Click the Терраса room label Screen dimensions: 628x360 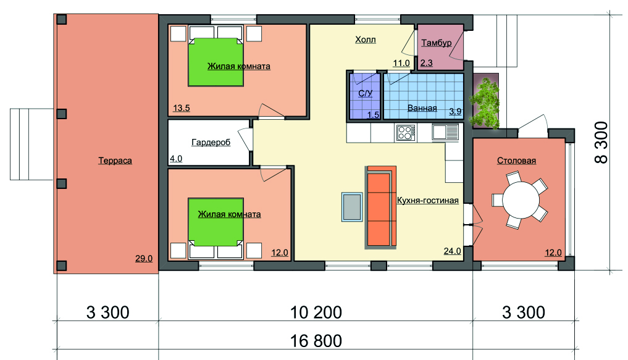tap(115, 161)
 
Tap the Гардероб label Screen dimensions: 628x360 tap(211, 143)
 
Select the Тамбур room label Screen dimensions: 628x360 tap(436, 43)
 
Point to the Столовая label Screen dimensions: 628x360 tap(516, 161)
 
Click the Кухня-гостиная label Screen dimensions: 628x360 tap(427, 200)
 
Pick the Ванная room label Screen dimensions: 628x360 tap(422, 107)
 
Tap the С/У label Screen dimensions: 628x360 tap(366, 93)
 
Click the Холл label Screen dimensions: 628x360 tap(366, 40)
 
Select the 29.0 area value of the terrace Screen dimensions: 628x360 tap(144, 259)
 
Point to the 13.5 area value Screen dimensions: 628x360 tap(182, 108)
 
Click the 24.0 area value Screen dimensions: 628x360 tap(452, 251)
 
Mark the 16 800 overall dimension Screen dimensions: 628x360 tap(316, 341)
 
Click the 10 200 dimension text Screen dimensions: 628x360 tap(316, 312)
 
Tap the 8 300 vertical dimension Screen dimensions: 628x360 tap(601, 143)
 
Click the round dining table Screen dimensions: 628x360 tap(521, 200)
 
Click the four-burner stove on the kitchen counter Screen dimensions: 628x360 tap(405, 133)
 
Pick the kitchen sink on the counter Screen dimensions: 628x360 tap(445, 132)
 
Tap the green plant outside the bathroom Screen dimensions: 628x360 tap(485, 102)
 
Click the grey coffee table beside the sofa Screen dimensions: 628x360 tap(352, 207)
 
